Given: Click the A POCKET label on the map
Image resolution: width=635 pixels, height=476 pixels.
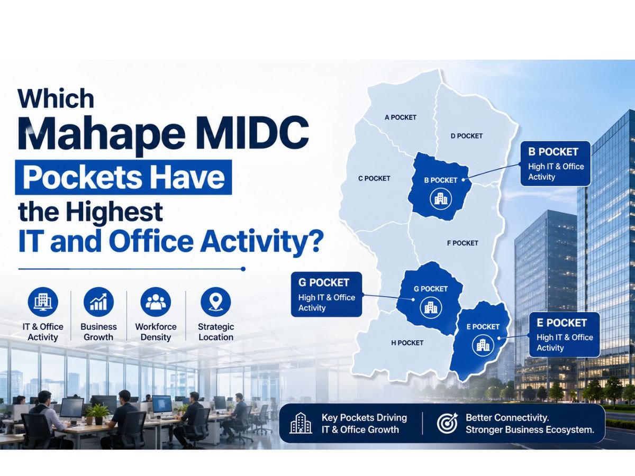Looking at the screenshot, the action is [401, 117].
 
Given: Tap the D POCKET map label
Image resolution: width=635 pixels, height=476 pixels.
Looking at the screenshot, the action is [466, 136].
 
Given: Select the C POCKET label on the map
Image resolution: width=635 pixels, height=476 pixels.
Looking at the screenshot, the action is [374, 178].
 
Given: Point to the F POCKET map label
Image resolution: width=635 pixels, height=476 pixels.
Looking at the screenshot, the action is [462, 243].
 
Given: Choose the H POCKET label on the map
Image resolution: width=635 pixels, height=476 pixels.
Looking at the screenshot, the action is [407, 343].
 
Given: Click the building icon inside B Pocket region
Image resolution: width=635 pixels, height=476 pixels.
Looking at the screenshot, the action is [441, 198].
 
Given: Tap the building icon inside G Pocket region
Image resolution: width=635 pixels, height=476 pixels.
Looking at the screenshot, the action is [431, 307].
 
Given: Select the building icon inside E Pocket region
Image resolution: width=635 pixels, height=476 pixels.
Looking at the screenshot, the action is [483, 345].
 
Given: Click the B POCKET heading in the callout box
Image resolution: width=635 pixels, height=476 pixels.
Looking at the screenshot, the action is [553, 152].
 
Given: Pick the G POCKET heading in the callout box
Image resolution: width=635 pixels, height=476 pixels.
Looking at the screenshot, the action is [324, 282].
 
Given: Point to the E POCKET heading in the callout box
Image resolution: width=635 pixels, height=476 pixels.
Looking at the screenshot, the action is [561, 323].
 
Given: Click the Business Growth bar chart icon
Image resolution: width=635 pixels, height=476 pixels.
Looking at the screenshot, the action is [98, 302].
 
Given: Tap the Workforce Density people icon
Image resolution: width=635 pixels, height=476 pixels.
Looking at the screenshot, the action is [156, 302].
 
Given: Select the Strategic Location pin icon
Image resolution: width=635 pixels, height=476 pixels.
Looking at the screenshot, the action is [215, 302].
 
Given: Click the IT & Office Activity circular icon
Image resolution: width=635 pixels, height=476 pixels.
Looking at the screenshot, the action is [43, 302].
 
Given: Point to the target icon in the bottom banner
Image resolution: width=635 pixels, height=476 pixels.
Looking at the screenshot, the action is [447, 423].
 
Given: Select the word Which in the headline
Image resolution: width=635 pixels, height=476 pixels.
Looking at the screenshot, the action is [56, 98].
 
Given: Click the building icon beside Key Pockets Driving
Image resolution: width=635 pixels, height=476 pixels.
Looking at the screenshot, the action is [301, 423].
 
